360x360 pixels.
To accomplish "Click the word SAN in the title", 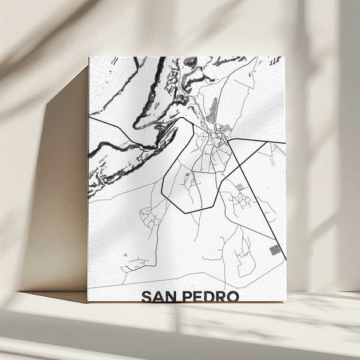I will coord(160,296).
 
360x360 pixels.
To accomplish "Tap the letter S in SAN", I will coord(147,296).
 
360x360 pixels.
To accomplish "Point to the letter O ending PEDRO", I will coord(233,296).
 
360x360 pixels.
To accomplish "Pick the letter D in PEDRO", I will coord(209,296).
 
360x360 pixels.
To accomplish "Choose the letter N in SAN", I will coord(172,296).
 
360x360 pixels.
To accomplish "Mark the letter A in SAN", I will coord(160,296).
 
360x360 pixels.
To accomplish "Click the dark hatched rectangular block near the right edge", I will coord(275,249).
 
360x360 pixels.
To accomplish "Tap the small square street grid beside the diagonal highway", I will coord(239,187).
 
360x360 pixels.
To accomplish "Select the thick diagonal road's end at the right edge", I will coord(286,259).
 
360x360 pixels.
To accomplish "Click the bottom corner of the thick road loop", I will coord(191,212).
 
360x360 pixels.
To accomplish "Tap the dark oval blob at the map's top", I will coord(191,61).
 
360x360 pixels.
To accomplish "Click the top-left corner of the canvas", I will coord(89,58).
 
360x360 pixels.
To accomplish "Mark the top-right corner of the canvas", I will coord(285,57).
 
